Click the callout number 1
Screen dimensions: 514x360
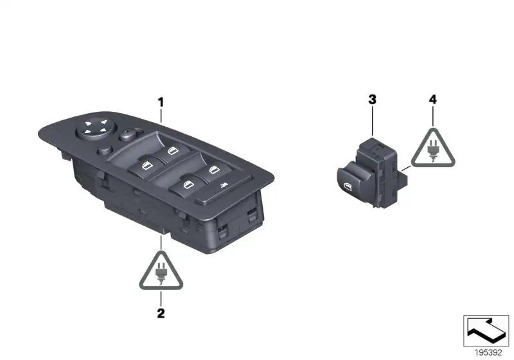point(161,102)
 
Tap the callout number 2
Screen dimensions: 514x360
point(161,314)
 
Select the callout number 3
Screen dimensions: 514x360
point(372,100)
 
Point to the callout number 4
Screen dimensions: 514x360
point(433,100)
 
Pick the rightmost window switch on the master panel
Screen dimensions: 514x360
point(214,170)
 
